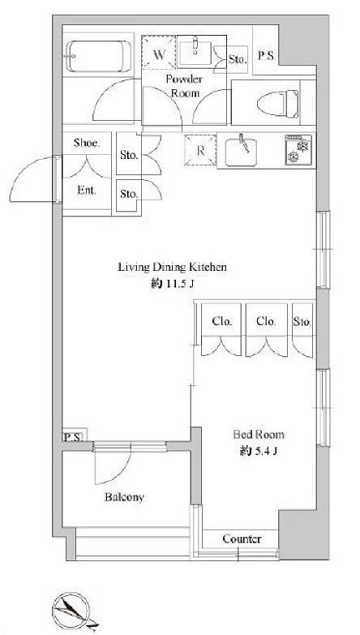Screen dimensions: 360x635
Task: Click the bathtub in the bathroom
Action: pyautogui.click(x=99, y=56)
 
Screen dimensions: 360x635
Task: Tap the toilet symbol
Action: pyautogui.click(x=278, y=104)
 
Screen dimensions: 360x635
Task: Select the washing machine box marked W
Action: pyautogui.click(x=159, y=53)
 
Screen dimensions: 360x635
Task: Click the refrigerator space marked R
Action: pyautogui.click(x=200, y=150)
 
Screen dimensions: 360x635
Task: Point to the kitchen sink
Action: pyautogui.click(x=241, y=151)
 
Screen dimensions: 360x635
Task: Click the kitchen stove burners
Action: pyautogui.click(x=298, y=150)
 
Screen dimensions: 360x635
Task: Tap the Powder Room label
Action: pyautogui.click(x=184, y=86)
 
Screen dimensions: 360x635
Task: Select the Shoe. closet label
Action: pyautogui.click(x=86, y=143)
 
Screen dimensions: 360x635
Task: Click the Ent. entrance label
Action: pyautogui.click(x=86, y=191)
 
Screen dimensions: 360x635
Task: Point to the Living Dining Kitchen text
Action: pyautogui.click(x=172, y=268)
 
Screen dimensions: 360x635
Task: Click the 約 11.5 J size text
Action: pyautogui.click(x=173, y=284)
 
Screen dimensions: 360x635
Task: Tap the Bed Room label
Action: pyautogui.click(x=259, y=435)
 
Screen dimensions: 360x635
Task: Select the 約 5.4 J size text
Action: pyautogui.click(x=259, y=452)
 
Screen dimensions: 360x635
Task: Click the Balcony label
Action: pyautogui.click(x=124, y=497)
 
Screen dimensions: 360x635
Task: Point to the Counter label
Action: pyautogui.click(x=242, y=539)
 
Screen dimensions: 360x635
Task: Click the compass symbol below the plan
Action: pyautogui.click(x=71, y=610)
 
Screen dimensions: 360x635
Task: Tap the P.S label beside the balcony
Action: pyautogui.click(x=73, y=437)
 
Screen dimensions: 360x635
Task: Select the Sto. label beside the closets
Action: pyautogui.click(x=302, y=322)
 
